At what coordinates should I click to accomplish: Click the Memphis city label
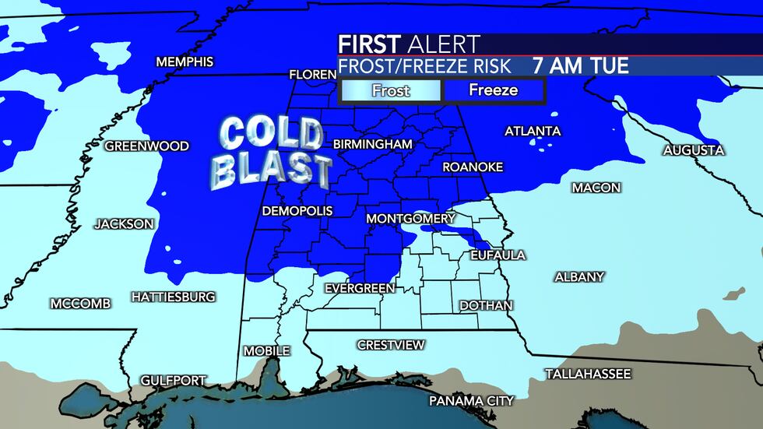(x=185, y=62)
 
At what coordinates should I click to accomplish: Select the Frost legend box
(x=391, y=90)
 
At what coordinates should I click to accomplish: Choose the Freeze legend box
(x=493, y=90)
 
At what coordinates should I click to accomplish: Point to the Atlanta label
(x=533, y=131)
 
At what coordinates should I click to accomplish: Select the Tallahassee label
(x=588, y=374)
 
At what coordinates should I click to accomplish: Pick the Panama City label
(x=473, y=401)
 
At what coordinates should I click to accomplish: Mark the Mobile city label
(x=266, y=351)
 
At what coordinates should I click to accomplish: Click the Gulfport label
(x=174, y=381)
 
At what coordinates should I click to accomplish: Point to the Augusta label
(x=694, y=150)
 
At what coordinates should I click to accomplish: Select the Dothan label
(x=486, y=306)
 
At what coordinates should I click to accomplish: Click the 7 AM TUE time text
(x=580, y=65)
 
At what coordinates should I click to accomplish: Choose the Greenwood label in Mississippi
(x=147, y=146)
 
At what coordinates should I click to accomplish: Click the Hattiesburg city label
(x=173, y=297)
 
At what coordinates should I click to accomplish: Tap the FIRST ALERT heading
(x=409, y=44)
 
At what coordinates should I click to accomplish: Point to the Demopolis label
(x=297, y=212)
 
